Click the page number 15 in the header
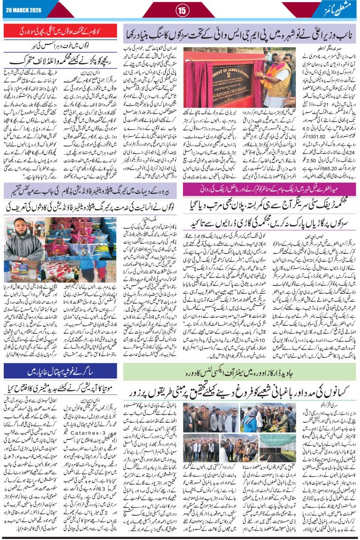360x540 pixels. pyautogui.click(x=181, y=9)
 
